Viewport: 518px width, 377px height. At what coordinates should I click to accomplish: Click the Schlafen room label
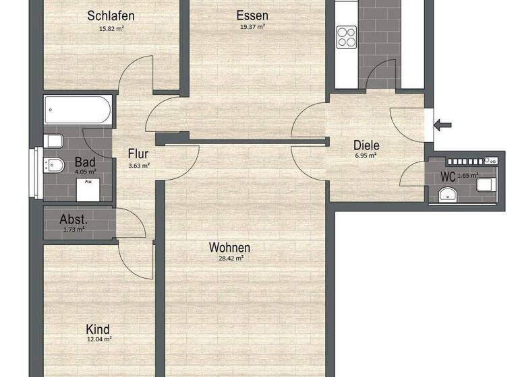[x=111, y=15]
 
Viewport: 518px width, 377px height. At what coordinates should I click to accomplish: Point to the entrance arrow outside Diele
[x=444, y=125]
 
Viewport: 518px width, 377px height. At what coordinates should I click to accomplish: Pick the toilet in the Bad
[x=53, y=141]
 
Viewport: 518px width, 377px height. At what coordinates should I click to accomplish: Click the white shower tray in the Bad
[x=88, y=190]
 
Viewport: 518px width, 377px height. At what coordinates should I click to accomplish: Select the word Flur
[x=139, y=153]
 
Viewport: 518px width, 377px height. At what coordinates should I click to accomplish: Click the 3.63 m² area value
[x=139, y=165]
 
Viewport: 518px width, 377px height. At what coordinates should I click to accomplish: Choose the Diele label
[x=367, y=145]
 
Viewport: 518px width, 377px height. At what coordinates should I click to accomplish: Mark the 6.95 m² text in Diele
[x=366, y=156]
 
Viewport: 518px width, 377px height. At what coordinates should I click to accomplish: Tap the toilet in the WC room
[x=486, y=183]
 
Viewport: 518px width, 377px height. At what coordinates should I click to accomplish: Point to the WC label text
[x=448, y=176]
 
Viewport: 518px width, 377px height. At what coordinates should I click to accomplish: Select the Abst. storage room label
[x=73, y=219]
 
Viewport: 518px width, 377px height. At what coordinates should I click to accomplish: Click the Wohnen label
[x=229, y=247]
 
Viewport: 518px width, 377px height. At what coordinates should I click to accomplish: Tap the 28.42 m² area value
[x=230, y=258]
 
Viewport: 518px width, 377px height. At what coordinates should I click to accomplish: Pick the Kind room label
[x=98, y=329]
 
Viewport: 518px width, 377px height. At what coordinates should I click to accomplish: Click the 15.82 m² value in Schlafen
[x=111, y=28]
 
